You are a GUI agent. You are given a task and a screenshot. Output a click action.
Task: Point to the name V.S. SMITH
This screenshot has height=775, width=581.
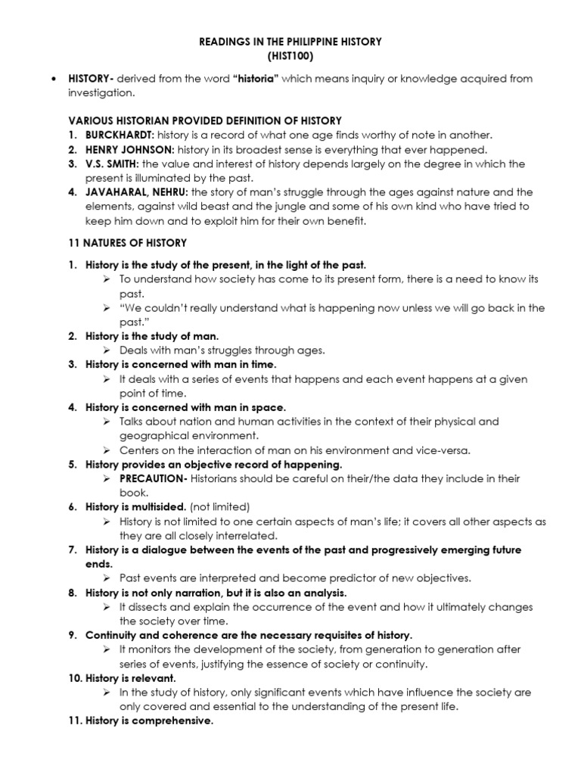click(x=110, y=164)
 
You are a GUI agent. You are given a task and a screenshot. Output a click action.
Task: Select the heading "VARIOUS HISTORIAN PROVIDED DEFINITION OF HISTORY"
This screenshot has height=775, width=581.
click(x=205, y=120)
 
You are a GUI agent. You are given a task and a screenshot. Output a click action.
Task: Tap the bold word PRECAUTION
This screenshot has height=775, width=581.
click(x=154, y=478)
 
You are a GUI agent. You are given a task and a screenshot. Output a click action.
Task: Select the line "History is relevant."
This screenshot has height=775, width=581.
click(x=130, y=678)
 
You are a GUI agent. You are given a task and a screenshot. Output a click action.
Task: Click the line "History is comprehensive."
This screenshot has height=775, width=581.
click(x=149, y=721)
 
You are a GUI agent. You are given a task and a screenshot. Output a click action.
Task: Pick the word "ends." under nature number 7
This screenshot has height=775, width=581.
click(x=99, y=564)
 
